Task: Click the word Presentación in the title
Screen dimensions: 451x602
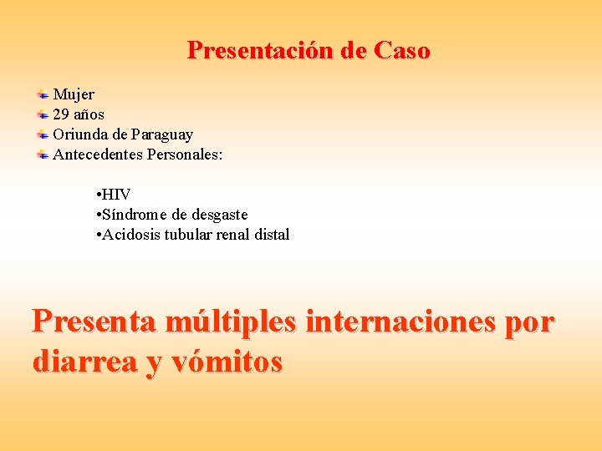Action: (261, 51)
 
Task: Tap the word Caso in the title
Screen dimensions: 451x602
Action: (402, 51)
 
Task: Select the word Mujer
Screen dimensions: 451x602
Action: (74, 94)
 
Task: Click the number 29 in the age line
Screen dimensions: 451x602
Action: (61, 114)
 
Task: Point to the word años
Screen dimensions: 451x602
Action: (89, 114)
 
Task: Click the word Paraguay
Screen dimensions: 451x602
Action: (162, 134)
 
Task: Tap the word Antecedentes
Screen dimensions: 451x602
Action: (98, 155)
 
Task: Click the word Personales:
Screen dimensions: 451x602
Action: (185, 155)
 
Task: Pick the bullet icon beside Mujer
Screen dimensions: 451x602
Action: (43, 94)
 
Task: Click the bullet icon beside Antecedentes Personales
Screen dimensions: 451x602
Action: (43, 155)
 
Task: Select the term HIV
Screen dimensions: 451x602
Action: (116, 195)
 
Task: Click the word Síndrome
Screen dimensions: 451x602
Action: (134, 215)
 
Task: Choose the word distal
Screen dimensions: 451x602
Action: (271, 235)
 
